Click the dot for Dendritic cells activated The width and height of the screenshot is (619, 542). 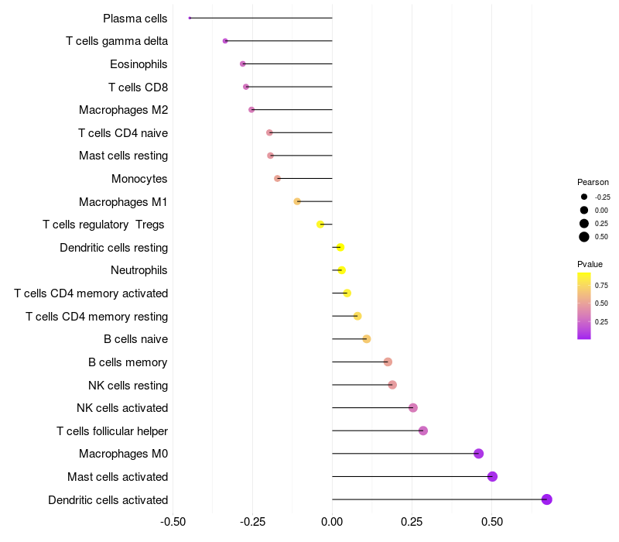546,499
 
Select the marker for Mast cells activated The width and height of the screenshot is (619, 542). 492,476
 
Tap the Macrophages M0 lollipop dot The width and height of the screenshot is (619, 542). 478,454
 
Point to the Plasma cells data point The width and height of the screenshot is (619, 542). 190,18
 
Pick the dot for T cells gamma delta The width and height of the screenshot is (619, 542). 225,41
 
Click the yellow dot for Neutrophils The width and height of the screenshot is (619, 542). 342,270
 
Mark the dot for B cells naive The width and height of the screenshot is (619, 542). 367,339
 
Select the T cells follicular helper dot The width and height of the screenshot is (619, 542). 423,431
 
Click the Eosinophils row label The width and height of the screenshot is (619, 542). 139,64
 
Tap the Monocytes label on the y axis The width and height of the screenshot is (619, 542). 139,179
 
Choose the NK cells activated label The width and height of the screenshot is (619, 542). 122,408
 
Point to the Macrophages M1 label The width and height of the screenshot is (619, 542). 123,202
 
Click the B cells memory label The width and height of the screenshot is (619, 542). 128,362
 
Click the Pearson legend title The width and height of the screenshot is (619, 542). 593,182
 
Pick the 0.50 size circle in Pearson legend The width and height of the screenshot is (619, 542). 584,237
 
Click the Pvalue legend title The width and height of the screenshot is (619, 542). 590,264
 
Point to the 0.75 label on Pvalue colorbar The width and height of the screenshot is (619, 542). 602,284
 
